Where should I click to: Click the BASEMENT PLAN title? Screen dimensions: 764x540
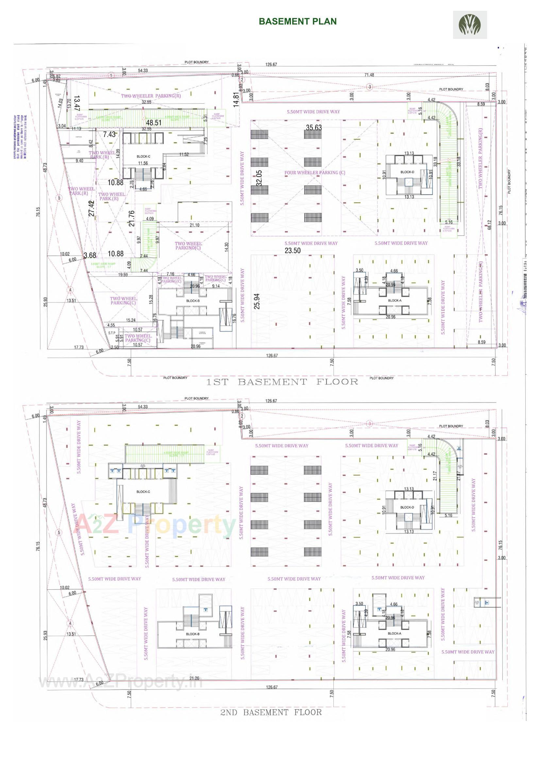coord(298,21)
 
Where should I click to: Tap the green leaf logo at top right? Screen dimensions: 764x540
coord(469,25)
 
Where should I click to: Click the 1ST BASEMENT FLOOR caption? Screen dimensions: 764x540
coord(282,382)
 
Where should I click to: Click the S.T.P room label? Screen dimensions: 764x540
coord(111,333)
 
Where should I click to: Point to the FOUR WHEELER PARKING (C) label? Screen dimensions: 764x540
coord(314,173)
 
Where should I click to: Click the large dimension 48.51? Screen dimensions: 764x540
coord(154,123)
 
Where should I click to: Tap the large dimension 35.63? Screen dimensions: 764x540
coord(314,128)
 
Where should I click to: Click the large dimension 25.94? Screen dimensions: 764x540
coord(257,301)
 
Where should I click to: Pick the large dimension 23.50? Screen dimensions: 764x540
coord(293,251)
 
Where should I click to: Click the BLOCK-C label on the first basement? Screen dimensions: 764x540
coord(143,157)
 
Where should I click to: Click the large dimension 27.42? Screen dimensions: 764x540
coord(92,208)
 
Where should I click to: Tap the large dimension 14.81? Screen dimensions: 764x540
coord(236,99)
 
